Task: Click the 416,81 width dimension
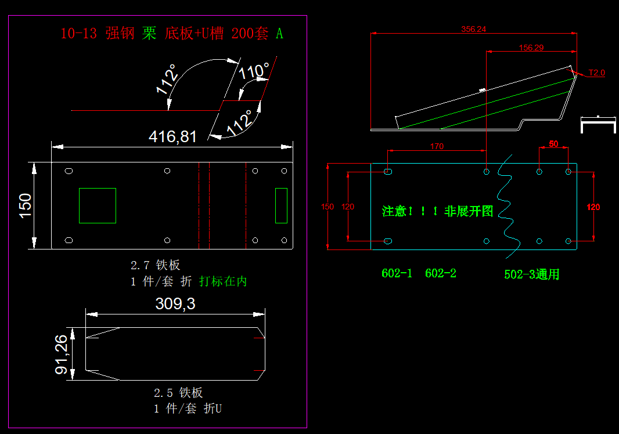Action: (172, 137)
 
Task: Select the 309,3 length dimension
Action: (175, 304)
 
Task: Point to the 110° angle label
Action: (254, 71)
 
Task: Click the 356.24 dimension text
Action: (473, 29)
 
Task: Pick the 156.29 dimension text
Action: (531, 48)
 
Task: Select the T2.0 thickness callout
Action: (596, 73)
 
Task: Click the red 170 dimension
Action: (437, 146)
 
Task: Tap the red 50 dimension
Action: (553, 143)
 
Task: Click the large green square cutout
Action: (98, 205)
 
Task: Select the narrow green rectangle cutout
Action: (281, 205)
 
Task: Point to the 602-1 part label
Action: (397, 273)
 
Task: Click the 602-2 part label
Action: (441, 273)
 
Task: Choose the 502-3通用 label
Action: (531, 275)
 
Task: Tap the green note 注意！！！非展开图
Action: (437, 211)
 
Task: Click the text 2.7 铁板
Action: (155, 266)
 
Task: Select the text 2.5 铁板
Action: (178, 393)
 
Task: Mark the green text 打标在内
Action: (223, 281)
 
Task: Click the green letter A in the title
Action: (279, 34)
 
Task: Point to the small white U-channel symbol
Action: (598, 124)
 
